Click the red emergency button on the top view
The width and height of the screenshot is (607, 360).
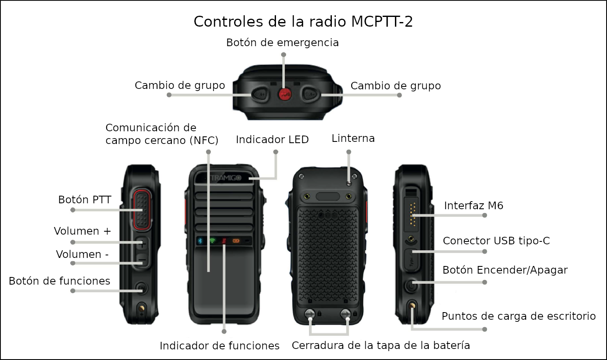pyautogui.click(x=285, y=94)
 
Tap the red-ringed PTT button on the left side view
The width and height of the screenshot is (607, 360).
pyautogui.click(x=142, y=210)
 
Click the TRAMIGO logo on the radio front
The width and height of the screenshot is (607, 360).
pyautogui.click(x=226, y=178)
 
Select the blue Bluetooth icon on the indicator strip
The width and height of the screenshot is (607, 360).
pyautogui.click(x=200, y=241)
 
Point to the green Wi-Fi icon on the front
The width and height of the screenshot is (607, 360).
pyautogui.click(x=212, y=241)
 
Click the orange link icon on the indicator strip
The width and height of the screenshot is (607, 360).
pyautogui.click(x=236, y=241)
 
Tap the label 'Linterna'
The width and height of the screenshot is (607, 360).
pyautogui.click(x=353, y=138)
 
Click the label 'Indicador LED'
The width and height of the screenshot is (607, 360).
pyautogui.click(x=272, y=139)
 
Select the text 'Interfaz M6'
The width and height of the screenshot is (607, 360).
pyautogui.click(x=474, y=205)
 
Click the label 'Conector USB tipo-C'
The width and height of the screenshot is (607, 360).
pyautogui.click(x=496, y=241)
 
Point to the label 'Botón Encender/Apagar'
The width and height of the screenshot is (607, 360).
pyautogui.click(x=505, y=270)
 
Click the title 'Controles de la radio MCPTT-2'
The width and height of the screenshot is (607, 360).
pyautogui.click(x=303, y=22)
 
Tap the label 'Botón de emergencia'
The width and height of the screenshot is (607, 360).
pyautogui.click(x=282, y=42)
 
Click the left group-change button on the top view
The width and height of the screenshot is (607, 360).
pyautogui.click(x=260, y=94)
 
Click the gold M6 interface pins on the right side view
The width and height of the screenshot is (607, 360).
pyautogui.click(x=413, y=214)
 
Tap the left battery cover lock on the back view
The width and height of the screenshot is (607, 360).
pyautogui.click(x=310, y=314)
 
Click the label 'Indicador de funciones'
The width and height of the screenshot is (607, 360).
pyautogui.click(x=220, y=346)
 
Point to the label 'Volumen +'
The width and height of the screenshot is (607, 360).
pyautogui.click(x=83, y=231)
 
